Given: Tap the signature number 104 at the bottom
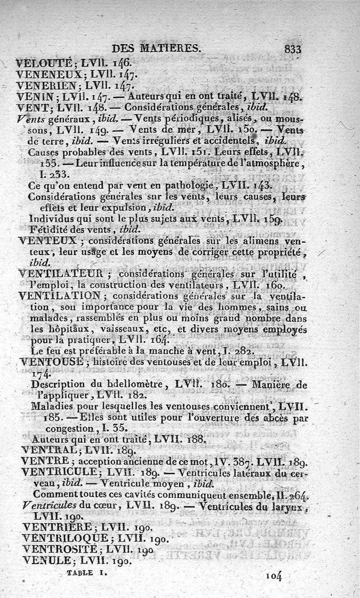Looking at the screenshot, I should pyautogui.click(x=273, y=575).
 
